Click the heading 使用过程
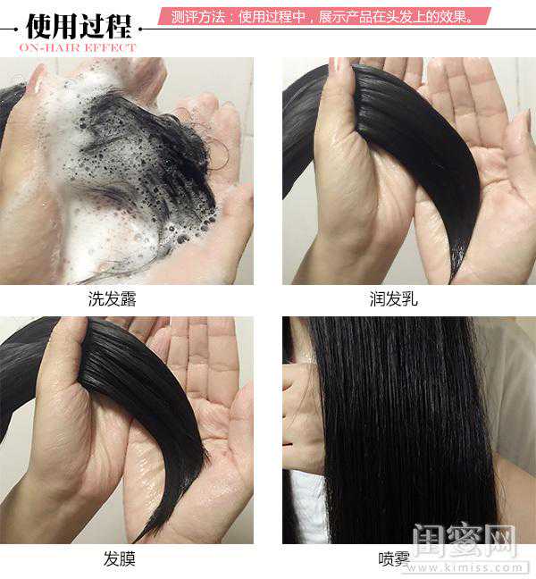(x=79, y=26)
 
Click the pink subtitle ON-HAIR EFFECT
(x=78, y=47)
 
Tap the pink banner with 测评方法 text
(x=324, y=16)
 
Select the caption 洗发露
(x=112, y=298)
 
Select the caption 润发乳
(x=393, y=298)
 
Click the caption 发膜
(x=119, y=558)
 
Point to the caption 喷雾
(x=394, y=559)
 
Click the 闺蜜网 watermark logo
(x=465, y=541)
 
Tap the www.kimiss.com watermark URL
(x=465, y=567)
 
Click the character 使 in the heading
(x=39, y=26)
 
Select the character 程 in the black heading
(x=119, y=26)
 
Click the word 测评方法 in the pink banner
(x=197, y=17)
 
